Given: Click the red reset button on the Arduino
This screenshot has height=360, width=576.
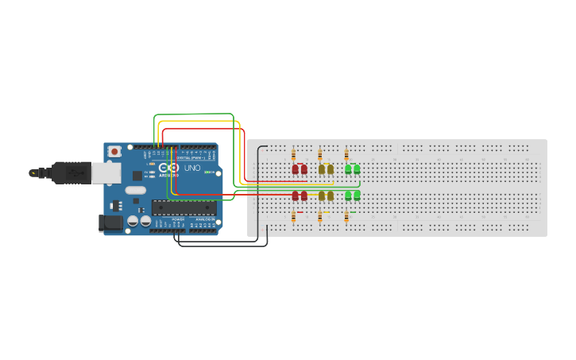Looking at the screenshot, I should click(x=115, y=150).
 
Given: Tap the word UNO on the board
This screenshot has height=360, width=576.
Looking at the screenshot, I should click(x=192, y=168).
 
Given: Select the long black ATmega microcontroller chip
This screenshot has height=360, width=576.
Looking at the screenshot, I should click(x=184, y=208).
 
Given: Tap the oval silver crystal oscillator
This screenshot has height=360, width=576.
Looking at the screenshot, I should click(x=135, y=190).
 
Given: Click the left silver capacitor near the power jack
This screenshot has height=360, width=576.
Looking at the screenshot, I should click(x=133, y=221).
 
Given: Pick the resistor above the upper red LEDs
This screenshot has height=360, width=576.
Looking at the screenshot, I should click(x=293, y=155).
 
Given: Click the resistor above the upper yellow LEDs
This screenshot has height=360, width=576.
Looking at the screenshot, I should click(x=320, y=155).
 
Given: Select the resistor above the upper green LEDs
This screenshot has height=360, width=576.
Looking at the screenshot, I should click(x=346, y=155).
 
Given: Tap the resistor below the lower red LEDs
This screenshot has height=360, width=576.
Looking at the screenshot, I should click(x=293, y=216).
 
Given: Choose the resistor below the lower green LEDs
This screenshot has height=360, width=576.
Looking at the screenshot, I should click(x=346, y=216).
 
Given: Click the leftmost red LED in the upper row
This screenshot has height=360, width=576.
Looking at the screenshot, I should click(x=296, y=169).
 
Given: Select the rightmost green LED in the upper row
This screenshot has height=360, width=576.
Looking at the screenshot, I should click(x=357, y=169).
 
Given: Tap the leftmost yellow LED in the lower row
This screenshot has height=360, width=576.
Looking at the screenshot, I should click(x=322, y=195).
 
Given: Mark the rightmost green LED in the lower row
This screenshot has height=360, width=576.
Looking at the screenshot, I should click(x=357, y=195).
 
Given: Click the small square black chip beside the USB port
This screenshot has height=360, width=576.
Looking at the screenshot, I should click(x=137, y=176).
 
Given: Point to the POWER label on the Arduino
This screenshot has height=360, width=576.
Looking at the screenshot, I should click(x=177, y=219).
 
